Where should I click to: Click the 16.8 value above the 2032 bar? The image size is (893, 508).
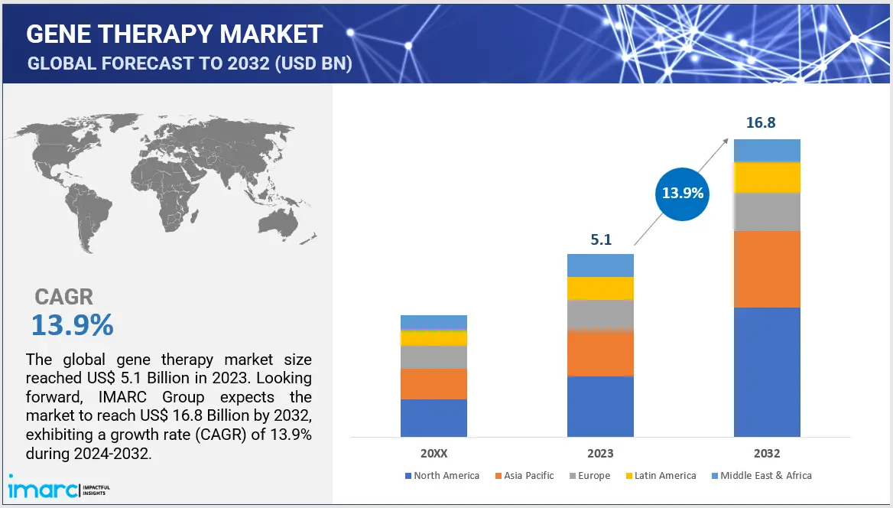tap(766, 123)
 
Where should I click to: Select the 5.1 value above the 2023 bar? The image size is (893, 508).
tap(600, 239)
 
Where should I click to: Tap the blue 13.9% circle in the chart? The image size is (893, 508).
tap(682, 193)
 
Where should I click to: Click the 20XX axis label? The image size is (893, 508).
tap(434, 453)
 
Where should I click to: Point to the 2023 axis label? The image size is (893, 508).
tap(600, 453)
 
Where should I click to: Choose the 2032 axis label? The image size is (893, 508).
tap(767, 453)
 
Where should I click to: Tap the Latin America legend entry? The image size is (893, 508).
tap(662, 476)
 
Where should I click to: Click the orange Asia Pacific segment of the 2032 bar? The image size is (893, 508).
tap(767, 269)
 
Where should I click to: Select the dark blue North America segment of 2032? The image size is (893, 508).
tap(767, 371)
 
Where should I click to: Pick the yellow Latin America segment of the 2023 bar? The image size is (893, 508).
tap(600, 288)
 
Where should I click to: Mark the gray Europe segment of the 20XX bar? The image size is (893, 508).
tap(434, 357)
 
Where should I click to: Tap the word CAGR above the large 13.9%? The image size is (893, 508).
tap(64, 297)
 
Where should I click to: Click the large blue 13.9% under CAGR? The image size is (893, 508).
tap(72, 326)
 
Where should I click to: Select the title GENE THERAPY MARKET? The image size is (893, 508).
tap(174, 34)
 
